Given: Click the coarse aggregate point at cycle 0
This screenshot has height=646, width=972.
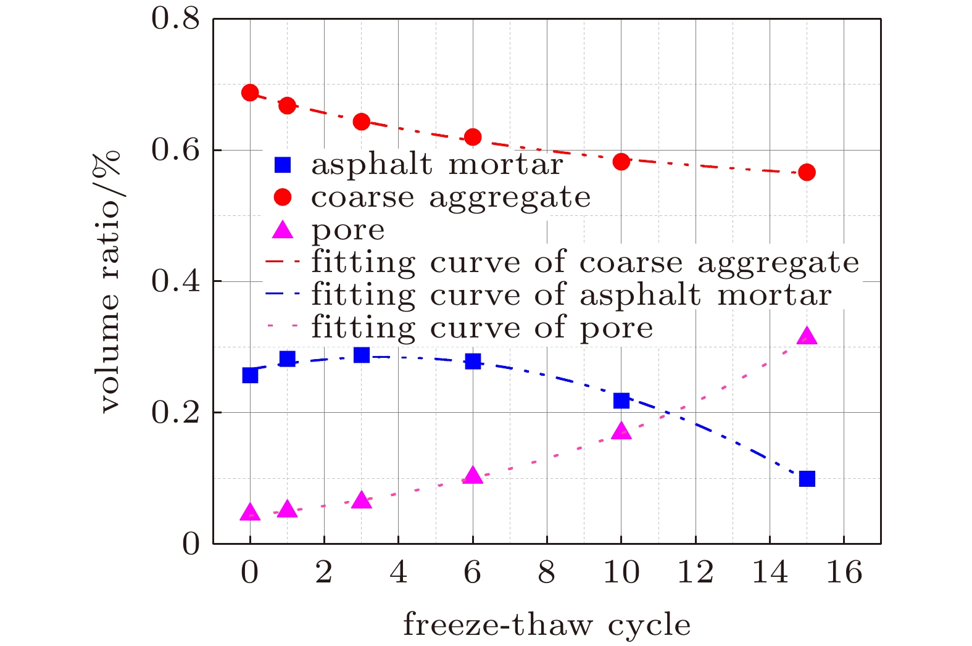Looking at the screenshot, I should [x=250, y=93].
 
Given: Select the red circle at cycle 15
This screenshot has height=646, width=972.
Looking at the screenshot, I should [x=807, y=172].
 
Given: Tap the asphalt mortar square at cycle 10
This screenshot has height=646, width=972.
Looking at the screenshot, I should [x=621, y=400].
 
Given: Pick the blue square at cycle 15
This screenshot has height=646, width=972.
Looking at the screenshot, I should [x=807, y=478].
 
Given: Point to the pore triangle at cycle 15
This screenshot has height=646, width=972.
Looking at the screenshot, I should [x=807, y=336].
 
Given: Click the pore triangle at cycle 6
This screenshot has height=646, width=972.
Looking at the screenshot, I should [x=473, y=476].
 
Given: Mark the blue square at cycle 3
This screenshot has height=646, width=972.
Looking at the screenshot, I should [x=362, y=355].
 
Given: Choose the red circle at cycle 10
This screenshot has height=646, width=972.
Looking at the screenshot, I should [x=621, y=162].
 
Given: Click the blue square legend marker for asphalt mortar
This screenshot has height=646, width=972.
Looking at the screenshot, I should [x=283, y=165].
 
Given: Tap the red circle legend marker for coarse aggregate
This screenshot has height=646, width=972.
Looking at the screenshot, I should [x=283, y=197].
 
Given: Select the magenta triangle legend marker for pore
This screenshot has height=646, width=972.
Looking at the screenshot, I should [x=283, y=230].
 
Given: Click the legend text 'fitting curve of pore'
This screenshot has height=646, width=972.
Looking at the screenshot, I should [x=482, y=327].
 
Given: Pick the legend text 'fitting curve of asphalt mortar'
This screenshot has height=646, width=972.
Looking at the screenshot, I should [x=571, y=294].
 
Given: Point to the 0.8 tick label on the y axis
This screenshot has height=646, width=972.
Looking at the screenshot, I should [x=176, y=19].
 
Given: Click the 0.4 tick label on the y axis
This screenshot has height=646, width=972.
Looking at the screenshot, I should [x=176, y=281].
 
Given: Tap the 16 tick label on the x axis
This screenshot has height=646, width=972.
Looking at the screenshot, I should [x=844, y=573].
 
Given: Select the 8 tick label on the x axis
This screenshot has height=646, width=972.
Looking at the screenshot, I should [x=547, y=573].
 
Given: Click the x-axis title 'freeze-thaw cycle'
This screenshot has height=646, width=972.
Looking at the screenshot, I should [x=547, y=624].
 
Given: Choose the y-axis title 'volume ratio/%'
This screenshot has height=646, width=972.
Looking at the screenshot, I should [x=110, y=281].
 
